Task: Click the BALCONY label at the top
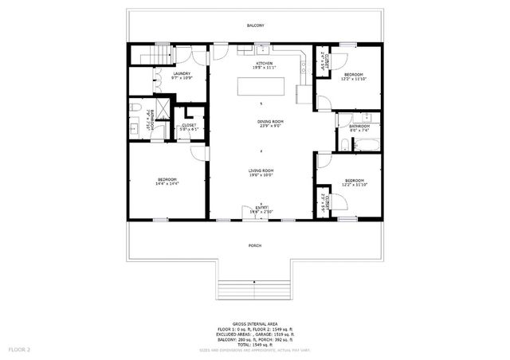pyautogui.click(x=255, y=25)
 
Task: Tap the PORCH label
pyautogui.click(x=255, y=246)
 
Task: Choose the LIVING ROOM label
pyautogui.click(x=261, y=173)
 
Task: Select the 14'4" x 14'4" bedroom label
pyautogui.click(x=167, y=182)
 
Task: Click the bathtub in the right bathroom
pyautogui.click(x=367, y=145)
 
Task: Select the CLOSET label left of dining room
pyautogui.click(x=189, y=127)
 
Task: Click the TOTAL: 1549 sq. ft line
pyautogui.click(x=255, y=344)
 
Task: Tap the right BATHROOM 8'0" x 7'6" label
pyautogui.click(x=359, y=128)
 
